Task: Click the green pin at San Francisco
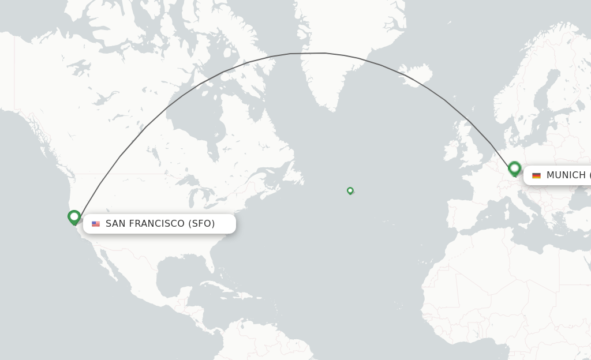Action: [74, 217]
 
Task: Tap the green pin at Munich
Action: [515, 168]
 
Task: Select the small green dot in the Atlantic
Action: [350, 190]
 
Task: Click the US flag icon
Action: [96, 224]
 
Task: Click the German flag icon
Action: [536, 175]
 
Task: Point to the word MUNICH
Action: [566, 175]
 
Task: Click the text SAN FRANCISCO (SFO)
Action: [160, 224]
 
